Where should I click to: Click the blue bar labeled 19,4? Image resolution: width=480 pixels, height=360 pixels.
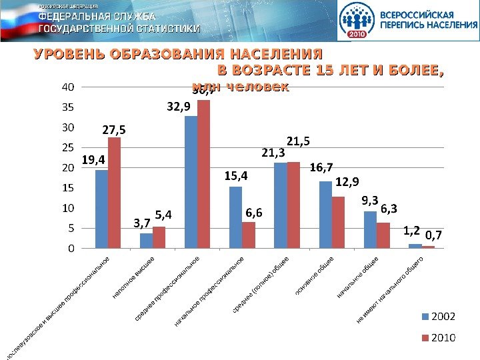point(101,209)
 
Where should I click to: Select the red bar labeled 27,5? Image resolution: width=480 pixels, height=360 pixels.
point(114,193)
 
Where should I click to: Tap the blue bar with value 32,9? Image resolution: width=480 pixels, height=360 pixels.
point(191,182)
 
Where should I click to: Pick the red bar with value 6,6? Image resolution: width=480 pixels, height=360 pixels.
point(249,235)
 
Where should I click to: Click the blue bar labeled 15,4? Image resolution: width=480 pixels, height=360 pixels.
point(236,217)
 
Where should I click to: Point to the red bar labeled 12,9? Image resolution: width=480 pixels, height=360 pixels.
point(338,222)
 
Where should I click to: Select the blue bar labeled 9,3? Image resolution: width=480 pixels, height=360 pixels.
point(370,229)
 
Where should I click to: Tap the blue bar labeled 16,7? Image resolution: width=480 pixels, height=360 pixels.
point(325,215)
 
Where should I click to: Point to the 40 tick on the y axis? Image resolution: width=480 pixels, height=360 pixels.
point(68,87)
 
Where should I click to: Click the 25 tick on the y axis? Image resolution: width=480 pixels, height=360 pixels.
point(68,147)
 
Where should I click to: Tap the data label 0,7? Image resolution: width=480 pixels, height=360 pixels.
point(435,235)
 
